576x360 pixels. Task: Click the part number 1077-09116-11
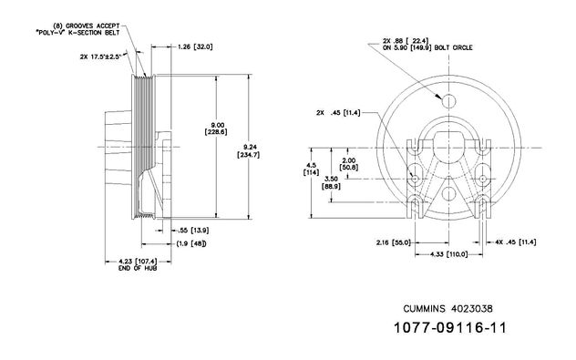click(x=450, y=327)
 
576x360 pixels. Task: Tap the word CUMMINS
click(x=425, y=309)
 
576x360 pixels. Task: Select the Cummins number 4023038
click(x=472, y=309)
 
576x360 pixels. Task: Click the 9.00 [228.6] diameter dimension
click(x=216, y=129)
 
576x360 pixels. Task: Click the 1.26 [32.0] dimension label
click(x=195, y=46)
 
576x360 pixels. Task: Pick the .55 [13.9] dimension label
click(x=193, y=231)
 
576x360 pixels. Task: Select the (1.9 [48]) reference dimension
click(x=191, y=243)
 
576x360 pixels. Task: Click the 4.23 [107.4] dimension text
click(x=138, y=262)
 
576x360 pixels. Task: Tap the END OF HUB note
click(x=138, y=268)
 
